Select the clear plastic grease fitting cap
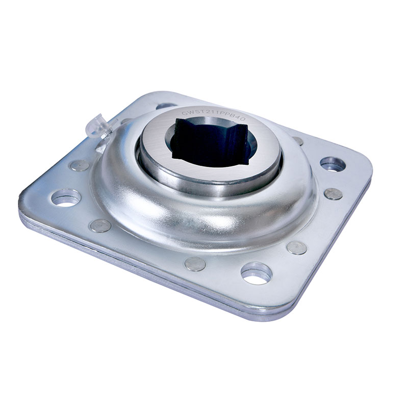(98, 127)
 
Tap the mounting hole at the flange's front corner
(256, 273)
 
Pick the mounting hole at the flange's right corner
(333, 164)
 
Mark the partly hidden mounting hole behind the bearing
(166, 106)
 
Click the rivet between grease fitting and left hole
(80, 165)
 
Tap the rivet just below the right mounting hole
(333, 194)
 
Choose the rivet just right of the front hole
(297, 247)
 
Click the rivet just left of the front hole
(194, 264)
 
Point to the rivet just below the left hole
(100, 225)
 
